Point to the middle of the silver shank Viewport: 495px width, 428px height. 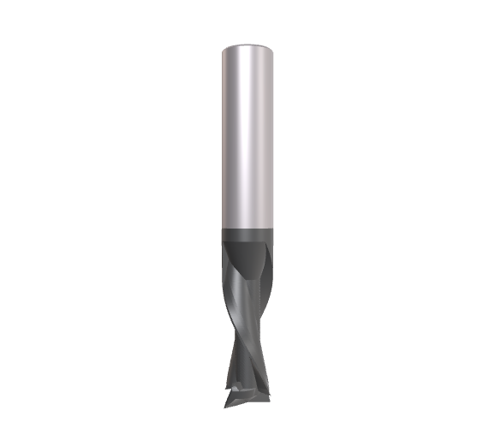click(x=247, y=137)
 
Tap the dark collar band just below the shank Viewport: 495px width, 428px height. click(x=247, y=236)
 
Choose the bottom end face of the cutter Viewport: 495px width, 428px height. click(x=248, y=402)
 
